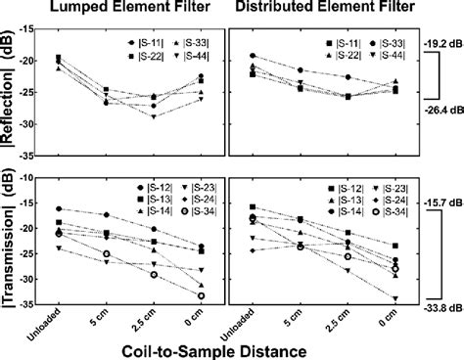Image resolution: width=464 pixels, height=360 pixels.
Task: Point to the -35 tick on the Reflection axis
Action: click(x=38, y=156)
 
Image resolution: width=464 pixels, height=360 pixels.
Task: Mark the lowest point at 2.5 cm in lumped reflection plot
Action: click(x=153, y=116)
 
